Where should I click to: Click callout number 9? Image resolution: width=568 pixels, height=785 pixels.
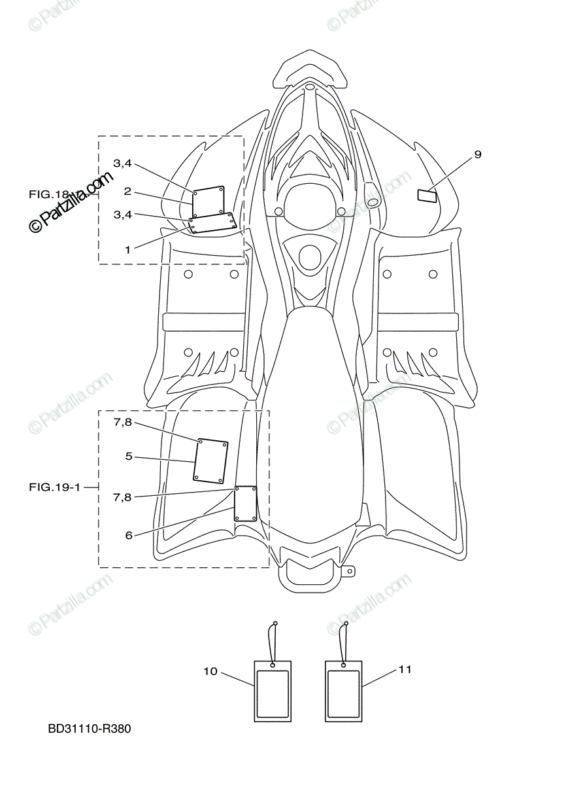click(478, 154)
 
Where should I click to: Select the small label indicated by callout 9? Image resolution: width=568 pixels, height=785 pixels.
click(428, 195)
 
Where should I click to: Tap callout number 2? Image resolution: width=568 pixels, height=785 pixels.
click(127, 192)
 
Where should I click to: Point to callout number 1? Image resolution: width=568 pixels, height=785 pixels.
click(127, 249)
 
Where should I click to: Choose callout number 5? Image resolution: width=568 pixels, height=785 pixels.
click(129, 456)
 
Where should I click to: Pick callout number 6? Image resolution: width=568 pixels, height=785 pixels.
click(129, 535)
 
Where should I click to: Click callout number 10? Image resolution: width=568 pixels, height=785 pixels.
click(210, 671)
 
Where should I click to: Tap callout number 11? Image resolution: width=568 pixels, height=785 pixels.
click(405, 669)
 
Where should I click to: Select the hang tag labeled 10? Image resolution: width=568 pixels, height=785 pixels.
click(273, 691)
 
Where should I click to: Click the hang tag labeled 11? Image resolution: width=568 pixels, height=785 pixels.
click(343, 691)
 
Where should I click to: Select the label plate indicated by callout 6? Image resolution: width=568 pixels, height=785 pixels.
click(245, 504)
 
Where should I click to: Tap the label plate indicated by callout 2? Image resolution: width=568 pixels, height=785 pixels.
click(209, 201)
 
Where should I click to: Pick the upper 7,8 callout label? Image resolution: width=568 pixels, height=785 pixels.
click(122, 423)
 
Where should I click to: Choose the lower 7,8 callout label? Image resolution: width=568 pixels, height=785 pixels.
click(122, 497)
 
